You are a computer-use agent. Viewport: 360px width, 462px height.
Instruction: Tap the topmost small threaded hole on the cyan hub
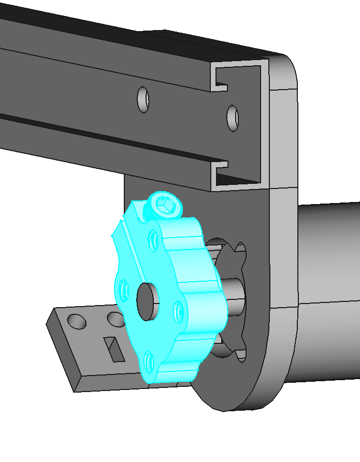tap(153, 239)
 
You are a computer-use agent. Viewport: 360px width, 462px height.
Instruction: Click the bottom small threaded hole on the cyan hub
tap(149, 360)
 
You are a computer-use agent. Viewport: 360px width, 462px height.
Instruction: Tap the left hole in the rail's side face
tap(143, 99)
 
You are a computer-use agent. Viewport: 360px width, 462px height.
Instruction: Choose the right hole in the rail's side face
tap(233, 118)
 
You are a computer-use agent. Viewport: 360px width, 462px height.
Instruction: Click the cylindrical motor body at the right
tap(326, 290)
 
